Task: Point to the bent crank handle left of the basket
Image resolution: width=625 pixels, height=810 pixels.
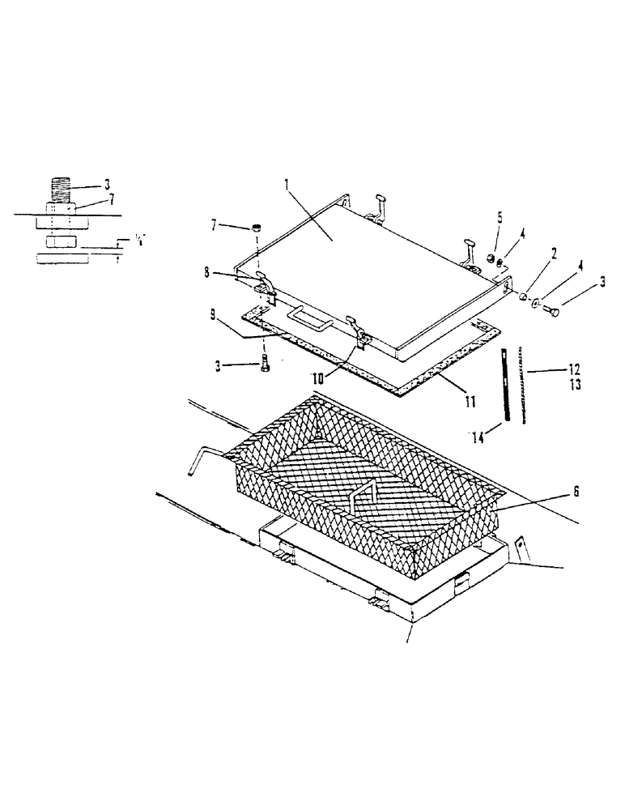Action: coord(202,459)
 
